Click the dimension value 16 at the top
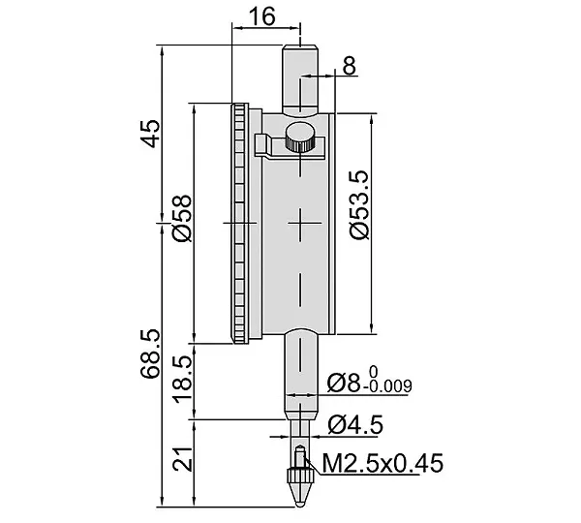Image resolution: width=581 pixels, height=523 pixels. click(262, 16)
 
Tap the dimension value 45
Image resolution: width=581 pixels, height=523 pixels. click(150, 134)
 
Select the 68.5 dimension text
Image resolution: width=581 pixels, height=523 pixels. click(150, 354)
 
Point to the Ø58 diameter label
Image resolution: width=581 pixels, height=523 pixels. click(182, 218)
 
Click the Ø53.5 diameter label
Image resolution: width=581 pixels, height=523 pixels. click(359, 205)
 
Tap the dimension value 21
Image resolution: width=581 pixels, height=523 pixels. click(183, 459)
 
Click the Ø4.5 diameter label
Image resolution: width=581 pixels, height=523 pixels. click(355, 425)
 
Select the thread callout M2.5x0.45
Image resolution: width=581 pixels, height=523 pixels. click(382, 463)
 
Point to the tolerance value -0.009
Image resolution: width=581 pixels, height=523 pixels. click(387, 386)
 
